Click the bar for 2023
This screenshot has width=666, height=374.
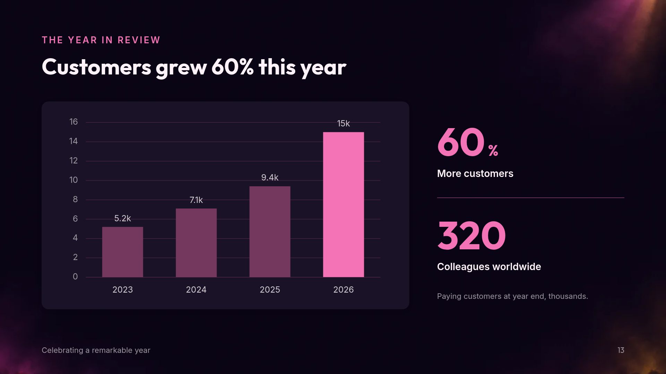click(x=122, y=252)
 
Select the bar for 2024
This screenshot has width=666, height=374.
click(x=196, y=243)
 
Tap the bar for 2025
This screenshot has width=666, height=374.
click(x=270, y=232)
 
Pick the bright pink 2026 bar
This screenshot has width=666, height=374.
click(x=343, y=204)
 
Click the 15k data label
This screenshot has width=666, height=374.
click(x=343, y=124)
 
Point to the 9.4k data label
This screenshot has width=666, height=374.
click(x=270, y=178)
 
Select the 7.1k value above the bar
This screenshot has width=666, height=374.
click(x=196, y=200)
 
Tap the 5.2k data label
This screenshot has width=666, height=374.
click(x=122, y=219)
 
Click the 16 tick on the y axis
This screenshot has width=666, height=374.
click(x=74, y=122)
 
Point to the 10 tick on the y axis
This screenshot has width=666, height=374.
click(x=74, y=180)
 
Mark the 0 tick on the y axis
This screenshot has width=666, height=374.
click(x=75, y=277)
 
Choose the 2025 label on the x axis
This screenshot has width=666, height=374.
click(x=270, y=290)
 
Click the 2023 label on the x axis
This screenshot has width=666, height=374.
click(x=122, y=290)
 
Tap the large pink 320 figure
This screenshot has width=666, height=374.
click(x=472, y=235)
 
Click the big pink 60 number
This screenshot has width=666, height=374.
click(x=461, y=142)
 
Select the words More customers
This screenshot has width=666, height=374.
click(x=475, y=173)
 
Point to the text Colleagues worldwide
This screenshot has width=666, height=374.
click(x=489, y=267)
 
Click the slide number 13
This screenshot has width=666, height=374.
click(x=621, y=350)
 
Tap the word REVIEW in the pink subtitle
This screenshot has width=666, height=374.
click(x=139, y=40)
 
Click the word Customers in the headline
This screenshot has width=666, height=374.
click(x=96, y=67)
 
